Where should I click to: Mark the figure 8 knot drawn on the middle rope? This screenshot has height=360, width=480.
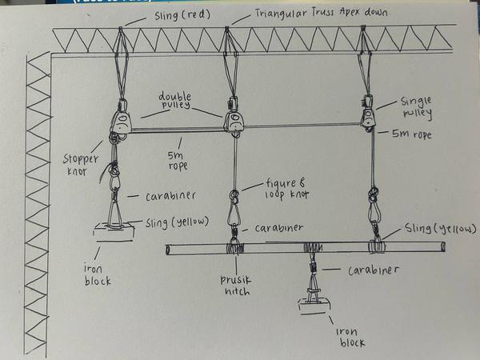pyautogui.click(x=234, y=195)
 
